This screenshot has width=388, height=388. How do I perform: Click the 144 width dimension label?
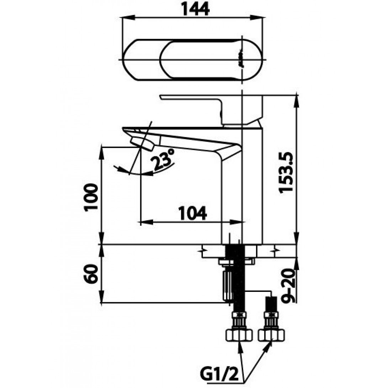pos(194,9)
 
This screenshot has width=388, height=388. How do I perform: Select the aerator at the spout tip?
pos(142,143)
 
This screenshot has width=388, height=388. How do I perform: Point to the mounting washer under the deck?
pos(236,262)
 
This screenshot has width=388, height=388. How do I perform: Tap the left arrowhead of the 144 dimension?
pos(126,17)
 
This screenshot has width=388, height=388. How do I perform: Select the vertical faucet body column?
pos(242,185)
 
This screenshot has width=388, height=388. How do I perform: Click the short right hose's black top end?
pos(271,302)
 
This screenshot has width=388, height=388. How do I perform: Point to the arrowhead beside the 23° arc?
pos(150,173)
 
